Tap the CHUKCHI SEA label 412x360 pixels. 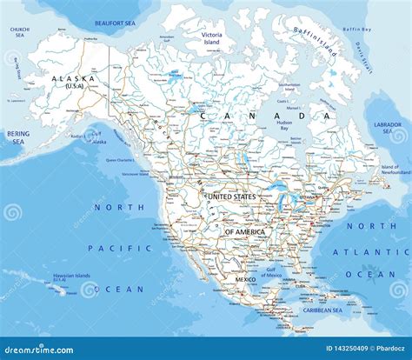19,32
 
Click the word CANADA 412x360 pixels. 265,116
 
